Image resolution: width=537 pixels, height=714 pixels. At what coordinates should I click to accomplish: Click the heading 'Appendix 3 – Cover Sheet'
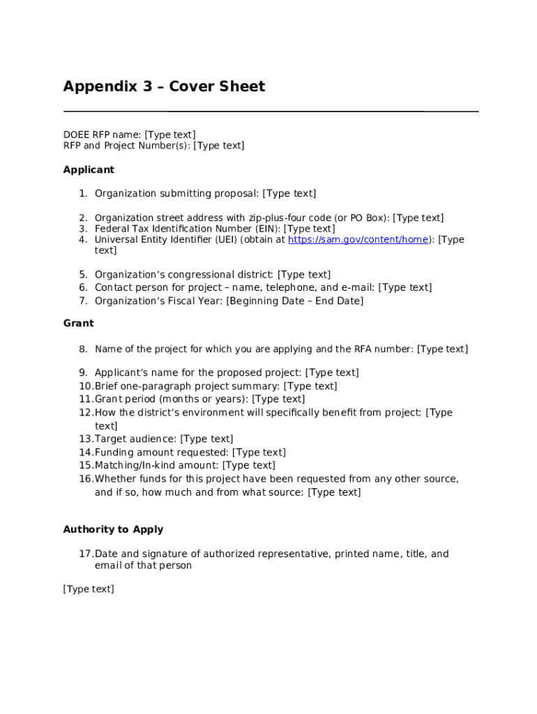164,86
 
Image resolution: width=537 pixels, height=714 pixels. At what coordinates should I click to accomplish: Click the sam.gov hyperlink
358,239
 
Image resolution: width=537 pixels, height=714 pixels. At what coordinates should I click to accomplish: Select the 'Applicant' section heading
89,169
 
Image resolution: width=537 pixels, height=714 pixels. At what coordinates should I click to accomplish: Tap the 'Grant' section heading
78,323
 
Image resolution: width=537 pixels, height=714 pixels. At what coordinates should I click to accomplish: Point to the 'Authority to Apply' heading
113,529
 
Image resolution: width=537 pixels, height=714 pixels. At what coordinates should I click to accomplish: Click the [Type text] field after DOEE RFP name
169,134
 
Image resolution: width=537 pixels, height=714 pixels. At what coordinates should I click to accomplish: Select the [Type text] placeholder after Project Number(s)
218,145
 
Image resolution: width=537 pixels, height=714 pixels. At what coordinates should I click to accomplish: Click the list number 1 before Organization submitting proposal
82,193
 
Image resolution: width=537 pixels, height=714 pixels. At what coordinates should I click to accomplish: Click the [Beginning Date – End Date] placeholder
294,301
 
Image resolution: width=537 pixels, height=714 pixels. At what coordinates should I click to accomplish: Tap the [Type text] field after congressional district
303,275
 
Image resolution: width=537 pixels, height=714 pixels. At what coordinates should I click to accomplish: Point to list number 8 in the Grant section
82,349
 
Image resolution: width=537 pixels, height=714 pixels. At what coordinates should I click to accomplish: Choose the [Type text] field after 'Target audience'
206,439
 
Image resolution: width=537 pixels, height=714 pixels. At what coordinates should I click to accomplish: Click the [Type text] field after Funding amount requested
259,453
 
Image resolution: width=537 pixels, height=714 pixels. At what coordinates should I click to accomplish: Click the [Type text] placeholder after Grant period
278,399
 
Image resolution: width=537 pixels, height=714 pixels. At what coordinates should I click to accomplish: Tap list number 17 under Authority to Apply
85,554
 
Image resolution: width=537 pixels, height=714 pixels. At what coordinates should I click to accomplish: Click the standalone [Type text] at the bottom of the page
89,589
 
